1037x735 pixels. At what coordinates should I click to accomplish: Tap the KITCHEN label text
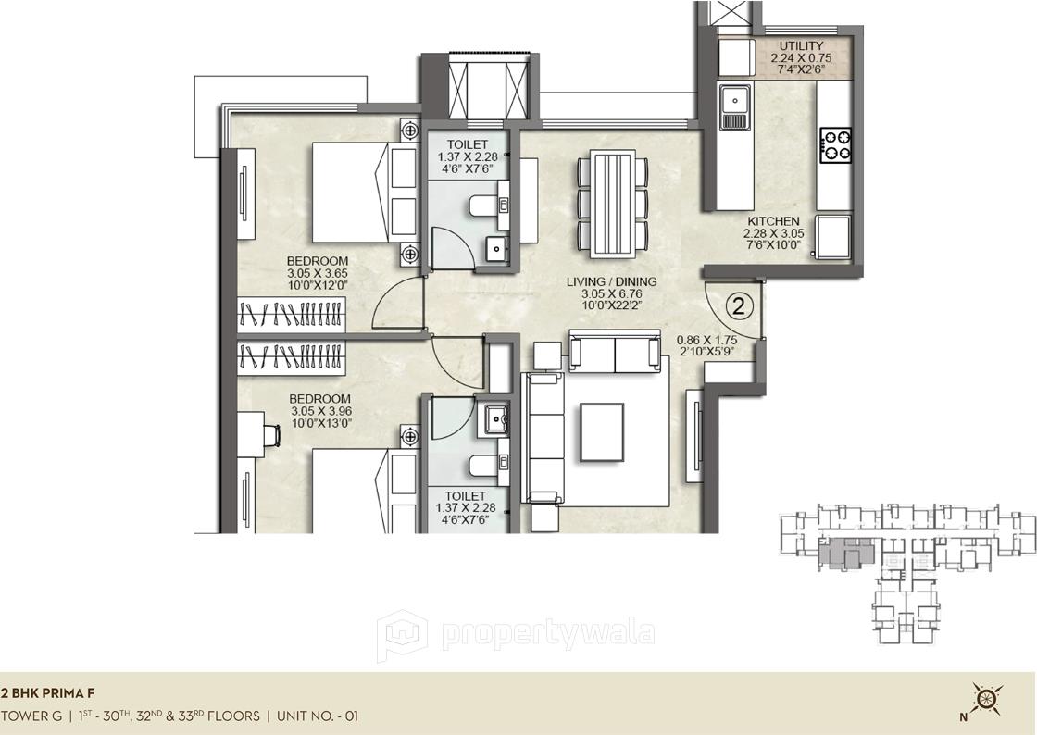coord(773,221)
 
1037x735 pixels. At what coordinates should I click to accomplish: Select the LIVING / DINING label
coord(611,281)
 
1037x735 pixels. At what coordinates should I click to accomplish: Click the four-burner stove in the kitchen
coord(835,144)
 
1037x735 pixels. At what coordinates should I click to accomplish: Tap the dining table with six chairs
coord(611,204)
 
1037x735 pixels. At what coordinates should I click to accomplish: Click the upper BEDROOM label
coord(318,261)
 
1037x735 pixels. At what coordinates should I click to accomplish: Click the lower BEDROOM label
coord(319,399)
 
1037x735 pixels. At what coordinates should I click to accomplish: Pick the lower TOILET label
coord(467,495)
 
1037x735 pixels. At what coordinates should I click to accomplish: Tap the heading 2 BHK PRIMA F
coord(47,692)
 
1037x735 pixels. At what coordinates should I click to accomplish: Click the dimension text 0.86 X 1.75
coord(710,339)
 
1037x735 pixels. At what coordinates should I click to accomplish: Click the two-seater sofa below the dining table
coord(614,352)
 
